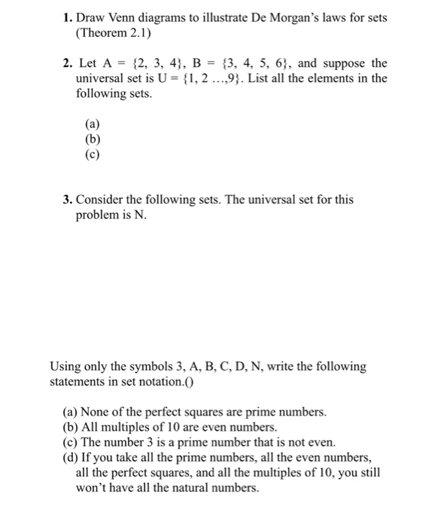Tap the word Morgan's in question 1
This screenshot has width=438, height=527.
pyautogui.click(x=272, y=19)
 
